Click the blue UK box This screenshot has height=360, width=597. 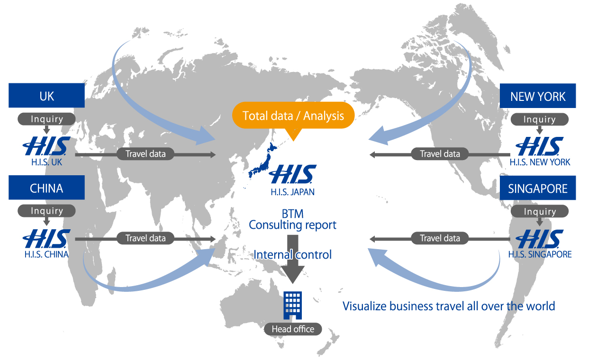coord(46,96)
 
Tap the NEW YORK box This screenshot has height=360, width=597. coord(538,96)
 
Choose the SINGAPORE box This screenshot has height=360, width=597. coord(538,189)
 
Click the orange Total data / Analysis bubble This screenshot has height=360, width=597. coord(293,116)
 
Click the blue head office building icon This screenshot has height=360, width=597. coord(292,305)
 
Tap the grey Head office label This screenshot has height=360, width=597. coord(293,329)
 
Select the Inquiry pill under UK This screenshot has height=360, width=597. coord(46,119)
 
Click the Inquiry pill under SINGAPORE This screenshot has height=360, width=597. coord(539,212)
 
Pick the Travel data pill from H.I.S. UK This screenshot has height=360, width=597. coord(145,153)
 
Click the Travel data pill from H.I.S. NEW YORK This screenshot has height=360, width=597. coord(440,153)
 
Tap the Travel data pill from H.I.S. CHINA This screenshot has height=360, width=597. coord(145,238)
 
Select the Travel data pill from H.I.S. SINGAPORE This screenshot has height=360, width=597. coord(440,238)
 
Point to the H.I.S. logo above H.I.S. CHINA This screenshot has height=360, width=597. coord(46,239)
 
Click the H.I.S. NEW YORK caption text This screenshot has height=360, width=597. coord(540,162)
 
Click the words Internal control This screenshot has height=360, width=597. coord(292,254)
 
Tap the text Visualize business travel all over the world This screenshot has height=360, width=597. coord(448,306)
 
